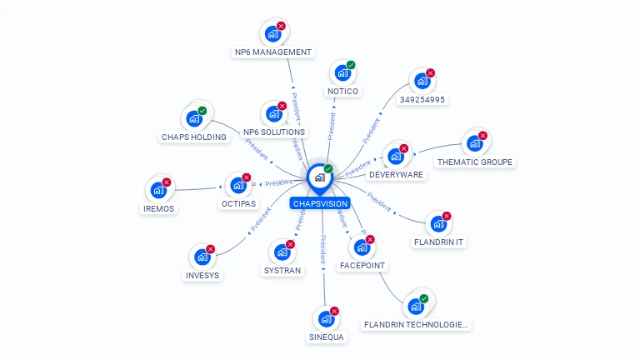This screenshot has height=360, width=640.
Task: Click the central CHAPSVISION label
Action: click(320, 203)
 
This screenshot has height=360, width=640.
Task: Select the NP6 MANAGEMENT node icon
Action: click(272, 34)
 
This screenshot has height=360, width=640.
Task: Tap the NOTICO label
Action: click(342, 91)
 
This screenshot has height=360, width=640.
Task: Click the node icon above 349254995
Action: click(422, 82)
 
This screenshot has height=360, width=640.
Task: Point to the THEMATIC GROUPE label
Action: click(475, 162)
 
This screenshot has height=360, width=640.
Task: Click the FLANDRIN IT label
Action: click(438, 242)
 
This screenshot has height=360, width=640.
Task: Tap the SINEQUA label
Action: click(326, 337)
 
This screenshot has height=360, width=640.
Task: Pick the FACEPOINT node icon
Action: click(362, 247)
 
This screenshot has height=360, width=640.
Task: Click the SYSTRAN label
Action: click(282, 271)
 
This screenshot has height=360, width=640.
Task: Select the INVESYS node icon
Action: click(202, 257)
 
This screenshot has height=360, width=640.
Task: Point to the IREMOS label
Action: click(158, 209)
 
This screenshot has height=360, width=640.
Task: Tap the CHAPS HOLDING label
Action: click(193, 137)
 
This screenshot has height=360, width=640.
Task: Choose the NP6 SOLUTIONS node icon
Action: click(273, 114)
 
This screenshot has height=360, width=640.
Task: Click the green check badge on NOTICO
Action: click(351, 65)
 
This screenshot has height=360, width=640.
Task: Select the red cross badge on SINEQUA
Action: click(334, 311)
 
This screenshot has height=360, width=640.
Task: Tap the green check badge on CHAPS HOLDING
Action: click(202, 111)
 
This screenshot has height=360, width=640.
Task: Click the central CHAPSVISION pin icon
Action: click(320, 177)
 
